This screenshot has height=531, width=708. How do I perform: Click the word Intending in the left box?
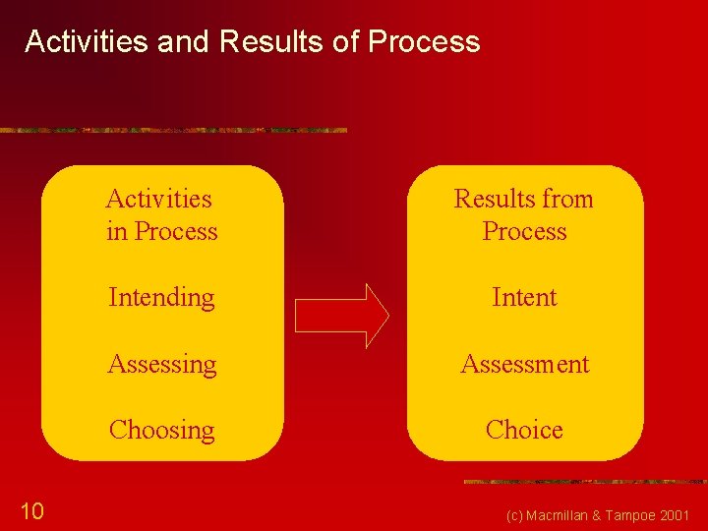[x=161, y=297]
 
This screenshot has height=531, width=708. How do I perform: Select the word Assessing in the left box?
[x=161, y=364]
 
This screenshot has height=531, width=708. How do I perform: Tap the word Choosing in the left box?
[x=161, y=430]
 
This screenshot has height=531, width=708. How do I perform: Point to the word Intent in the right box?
[x=524, y=297]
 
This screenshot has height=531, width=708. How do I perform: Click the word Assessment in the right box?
[x=524, y=364]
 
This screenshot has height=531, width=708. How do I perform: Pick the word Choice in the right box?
[x=524, y=430]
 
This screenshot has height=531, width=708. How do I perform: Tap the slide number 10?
[x=31, y=510]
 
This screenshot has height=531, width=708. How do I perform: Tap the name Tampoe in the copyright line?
[x=630, y=515]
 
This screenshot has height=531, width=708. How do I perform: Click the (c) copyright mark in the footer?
[x=514, y=515]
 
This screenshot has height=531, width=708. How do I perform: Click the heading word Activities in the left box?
[x=158, y=199]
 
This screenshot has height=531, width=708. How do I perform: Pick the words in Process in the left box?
[x=161, y=231]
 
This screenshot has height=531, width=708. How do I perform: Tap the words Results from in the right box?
[x=524, y=199]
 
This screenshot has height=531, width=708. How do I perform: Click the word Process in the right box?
[x=524, y=231]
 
